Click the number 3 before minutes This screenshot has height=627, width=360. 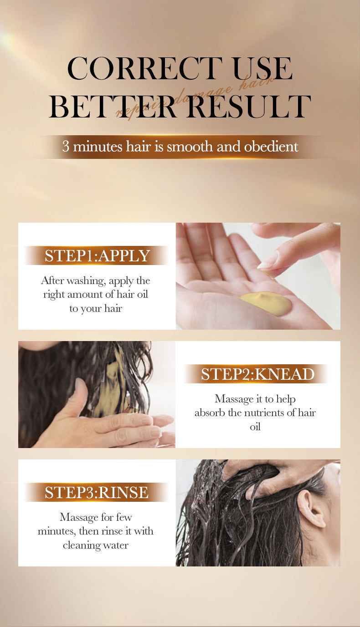tap(66, 147)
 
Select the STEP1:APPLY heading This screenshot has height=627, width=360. tap(97, 255)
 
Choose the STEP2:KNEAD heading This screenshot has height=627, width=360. tap(257, 374)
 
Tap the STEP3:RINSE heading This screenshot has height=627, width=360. tap(97, 492)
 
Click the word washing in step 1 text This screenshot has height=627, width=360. tap(79, 280)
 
